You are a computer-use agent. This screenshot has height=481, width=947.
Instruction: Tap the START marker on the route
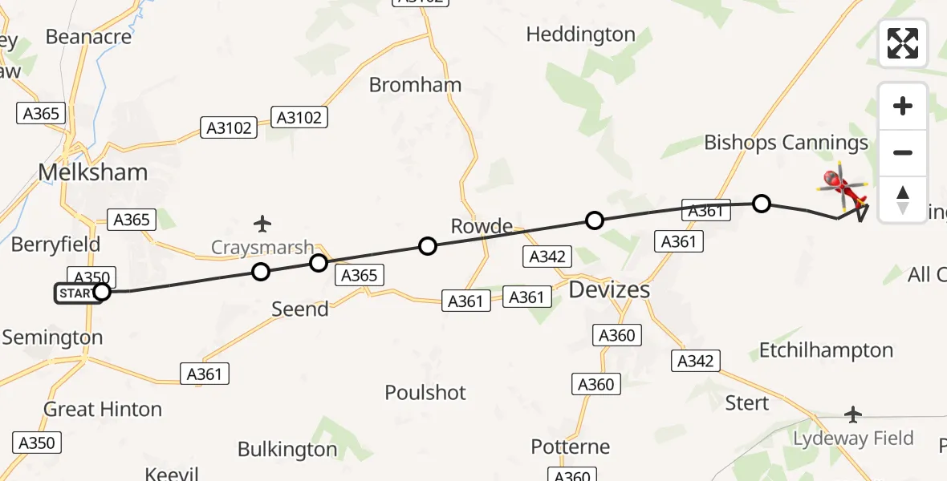78,293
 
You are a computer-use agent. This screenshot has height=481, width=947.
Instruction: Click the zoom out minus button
903,152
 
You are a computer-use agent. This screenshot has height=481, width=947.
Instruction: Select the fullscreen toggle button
903,43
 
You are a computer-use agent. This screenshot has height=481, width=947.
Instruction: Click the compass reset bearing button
903,199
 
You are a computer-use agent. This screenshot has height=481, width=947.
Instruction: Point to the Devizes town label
609,289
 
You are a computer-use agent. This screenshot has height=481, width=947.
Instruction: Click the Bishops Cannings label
786,143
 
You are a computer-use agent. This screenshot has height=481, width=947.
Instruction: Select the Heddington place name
581,34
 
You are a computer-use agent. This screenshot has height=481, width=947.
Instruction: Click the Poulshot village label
425,393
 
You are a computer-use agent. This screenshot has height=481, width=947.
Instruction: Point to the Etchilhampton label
826,350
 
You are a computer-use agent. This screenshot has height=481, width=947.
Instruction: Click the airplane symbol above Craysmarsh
262,222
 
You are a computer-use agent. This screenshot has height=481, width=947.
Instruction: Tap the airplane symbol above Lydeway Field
853,414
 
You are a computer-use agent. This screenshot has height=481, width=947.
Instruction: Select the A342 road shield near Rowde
547,257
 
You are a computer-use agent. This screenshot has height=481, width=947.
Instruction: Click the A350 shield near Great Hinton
37,443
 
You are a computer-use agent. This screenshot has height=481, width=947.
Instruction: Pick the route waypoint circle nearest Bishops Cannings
762,204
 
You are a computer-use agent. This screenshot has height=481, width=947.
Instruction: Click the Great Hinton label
103,410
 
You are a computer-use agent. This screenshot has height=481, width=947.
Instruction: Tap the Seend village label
300,309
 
